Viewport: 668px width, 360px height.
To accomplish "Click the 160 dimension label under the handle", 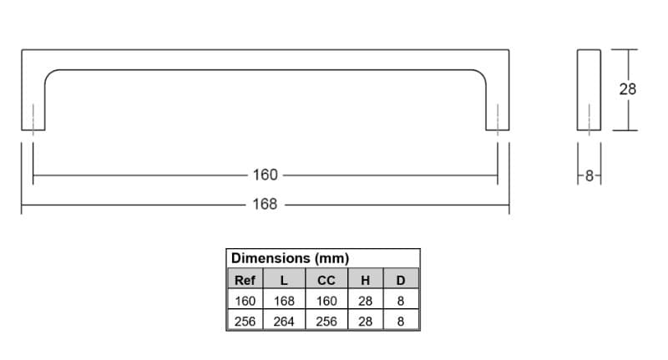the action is tap(265, 175).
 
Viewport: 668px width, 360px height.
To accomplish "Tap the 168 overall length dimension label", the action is tap(265, 204).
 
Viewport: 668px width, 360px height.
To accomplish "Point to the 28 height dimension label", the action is tap(628, 89).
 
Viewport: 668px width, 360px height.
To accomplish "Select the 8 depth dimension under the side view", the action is tap(590, 175).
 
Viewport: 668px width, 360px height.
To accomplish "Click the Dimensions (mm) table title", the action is tap(290, 258).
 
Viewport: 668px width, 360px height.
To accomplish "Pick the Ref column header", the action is tap(245, 281).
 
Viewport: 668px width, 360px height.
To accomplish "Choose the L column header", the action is tap(284, 281).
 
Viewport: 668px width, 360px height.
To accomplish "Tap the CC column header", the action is tap(326, 281).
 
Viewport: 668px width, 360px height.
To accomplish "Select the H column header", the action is tap(365, 281).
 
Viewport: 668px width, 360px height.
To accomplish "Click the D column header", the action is tap(401, 281).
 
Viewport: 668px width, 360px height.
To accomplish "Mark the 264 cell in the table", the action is tap(284, 322).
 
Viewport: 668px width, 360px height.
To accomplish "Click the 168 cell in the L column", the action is tap(284, 301).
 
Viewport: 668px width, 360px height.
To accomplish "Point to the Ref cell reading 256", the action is tap(245, 322).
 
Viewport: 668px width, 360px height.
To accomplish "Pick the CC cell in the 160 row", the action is tap(326, 301).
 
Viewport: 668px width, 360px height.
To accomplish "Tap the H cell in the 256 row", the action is tap(365, 322).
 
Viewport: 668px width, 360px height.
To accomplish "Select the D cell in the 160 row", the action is tap(401, 301).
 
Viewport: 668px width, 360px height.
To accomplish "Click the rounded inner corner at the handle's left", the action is tap(48, 74).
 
